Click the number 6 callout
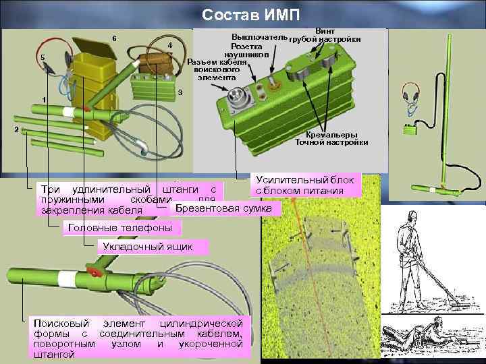(x=115, y=37)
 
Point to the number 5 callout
(x=43, y=57)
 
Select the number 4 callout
(x=170, y=45)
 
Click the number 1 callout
(x=44, y=100)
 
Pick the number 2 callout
(x=16, y=129)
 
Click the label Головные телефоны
(x=120, y=229)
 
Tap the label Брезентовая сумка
(x=223, y=209)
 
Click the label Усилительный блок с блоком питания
(x=306, y=185)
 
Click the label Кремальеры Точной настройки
(x=331, y=139)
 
